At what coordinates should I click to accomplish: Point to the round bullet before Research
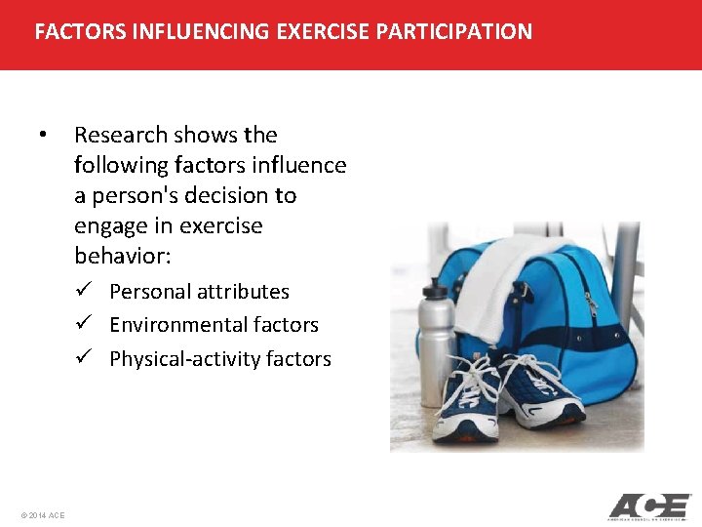click(x=42, y=135)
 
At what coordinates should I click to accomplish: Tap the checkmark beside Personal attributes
click(x=85, y=291)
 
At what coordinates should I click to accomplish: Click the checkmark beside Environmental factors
click(x=85, y=324)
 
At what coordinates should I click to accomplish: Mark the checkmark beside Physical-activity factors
click(x=85, y=358)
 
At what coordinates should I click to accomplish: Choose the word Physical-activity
click(x=175, y=359)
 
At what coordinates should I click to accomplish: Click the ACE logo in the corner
click(x=649, y=507)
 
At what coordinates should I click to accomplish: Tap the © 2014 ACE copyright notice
click(x=42, y=514)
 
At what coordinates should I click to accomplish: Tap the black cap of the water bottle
click(x=433, y=290)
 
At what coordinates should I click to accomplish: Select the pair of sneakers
click(x=507, y=395)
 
